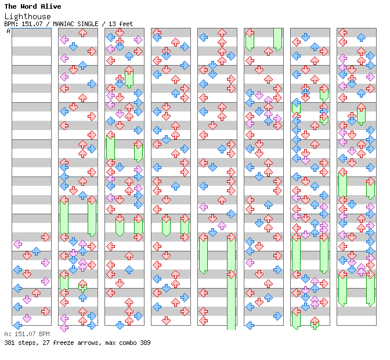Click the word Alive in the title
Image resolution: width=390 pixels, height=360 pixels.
(50, 6)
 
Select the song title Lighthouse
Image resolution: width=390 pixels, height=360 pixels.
(27, 16)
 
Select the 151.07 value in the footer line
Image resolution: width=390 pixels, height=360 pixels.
(23, 334)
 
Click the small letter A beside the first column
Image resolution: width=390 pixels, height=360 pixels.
(8, 31)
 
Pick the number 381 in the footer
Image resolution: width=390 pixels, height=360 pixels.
(9, 343)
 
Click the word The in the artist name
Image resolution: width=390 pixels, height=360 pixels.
(11, 6)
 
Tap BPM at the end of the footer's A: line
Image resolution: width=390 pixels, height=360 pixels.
(44, 334)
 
